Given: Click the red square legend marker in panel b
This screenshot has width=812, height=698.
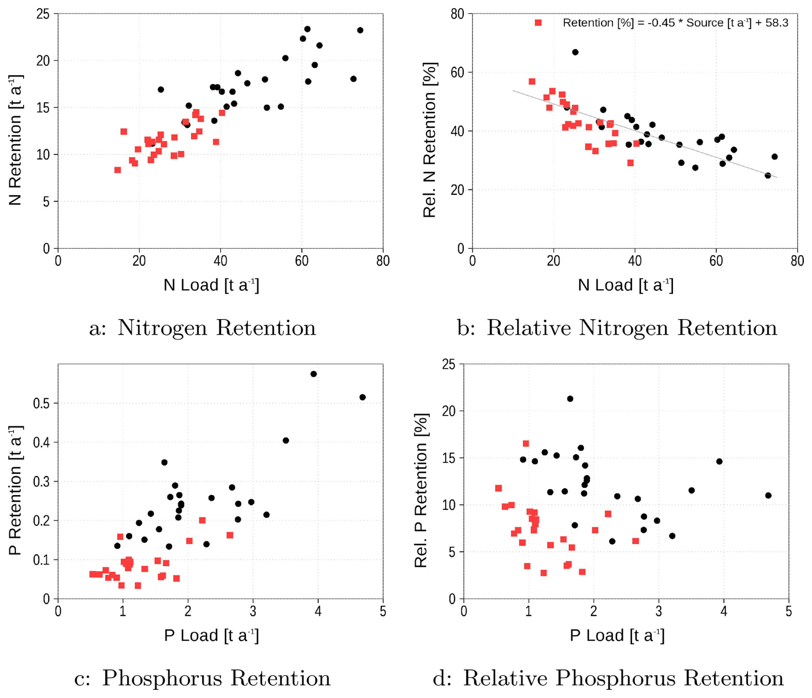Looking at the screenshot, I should (x=538, y=23).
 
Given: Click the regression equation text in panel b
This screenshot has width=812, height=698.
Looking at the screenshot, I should (x=675, y=23).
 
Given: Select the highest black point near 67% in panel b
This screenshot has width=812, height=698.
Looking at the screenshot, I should (x=575, y=52).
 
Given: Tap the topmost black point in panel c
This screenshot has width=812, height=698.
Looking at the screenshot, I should (x=314, y=374).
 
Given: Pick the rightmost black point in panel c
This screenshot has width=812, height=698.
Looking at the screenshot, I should (x=363, y=397).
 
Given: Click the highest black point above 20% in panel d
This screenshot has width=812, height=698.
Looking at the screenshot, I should (x=570, y=399).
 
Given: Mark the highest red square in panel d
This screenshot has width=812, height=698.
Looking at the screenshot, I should (x=526, y=444).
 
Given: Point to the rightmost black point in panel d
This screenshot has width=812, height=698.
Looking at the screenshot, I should (x=768, y=496).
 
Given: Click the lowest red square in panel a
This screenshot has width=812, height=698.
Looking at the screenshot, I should (x=118, y=170).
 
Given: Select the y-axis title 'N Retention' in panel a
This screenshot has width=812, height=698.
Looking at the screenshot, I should (x=15, y=140).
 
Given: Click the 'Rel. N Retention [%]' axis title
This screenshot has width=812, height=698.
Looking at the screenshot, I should (x=430, y=140).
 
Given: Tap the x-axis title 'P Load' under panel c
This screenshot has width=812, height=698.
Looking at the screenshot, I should (x=211, y=635).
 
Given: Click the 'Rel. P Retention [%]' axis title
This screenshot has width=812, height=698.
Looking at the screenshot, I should (x=421, y=490).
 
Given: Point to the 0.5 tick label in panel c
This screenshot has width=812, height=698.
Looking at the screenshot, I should (x=42, y=403).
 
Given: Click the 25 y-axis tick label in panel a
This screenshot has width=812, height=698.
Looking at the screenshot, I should (x=43, y=14).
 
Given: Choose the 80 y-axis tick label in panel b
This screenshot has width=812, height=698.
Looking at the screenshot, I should (x=458, y=14).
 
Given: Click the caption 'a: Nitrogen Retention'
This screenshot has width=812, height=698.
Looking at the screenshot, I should (x=203, y=328).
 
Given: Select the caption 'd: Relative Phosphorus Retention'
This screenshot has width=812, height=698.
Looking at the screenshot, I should (x=608, y=678).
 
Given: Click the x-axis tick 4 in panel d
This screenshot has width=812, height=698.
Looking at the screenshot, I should (x=724, y=611).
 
